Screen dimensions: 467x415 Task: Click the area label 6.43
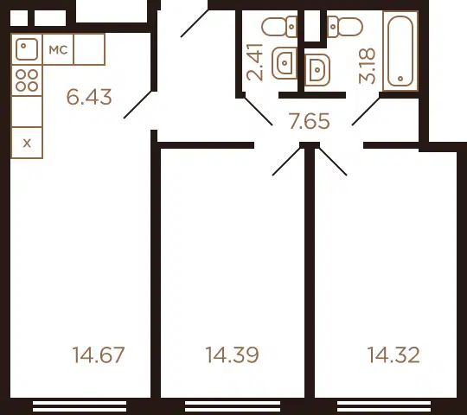(x=89, y=97)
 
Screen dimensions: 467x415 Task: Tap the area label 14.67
(x=99, y=354)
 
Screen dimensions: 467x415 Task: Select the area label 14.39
(x=232, y=354)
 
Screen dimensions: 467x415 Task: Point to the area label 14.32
(x=393, y=354)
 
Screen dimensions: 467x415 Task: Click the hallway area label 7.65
(x=310, y=121)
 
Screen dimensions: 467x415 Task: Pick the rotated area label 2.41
(x=255, y=62)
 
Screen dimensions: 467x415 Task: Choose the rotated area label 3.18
(x=367, y=66)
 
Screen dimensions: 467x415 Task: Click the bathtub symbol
(x=400, y=51)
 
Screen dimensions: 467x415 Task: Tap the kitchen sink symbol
(x=27, y=49)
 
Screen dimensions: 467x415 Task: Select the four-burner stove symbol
(x=27, y=80)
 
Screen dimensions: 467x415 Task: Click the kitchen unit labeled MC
(x=58, y=49)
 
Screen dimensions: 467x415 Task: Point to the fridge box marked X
(x=27, y=143)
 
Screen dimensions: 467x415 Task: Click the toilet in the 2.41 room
(x=279, y=27)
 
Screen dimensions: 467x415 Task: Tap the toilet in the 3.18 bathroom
(x=345, y=27)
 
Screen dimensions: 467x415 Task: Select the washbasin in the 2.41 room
(x=285, y=63)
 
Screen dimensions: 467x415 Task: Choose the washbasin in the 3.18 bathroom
(x=317, y=70)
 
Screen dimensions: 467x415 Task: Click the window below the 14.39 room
(x=233, y=406)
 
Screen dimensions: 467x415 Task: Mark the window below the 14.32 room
(x=384, y=406)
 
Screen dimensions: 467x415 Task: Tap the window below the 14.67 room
(x=80, y=406)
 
